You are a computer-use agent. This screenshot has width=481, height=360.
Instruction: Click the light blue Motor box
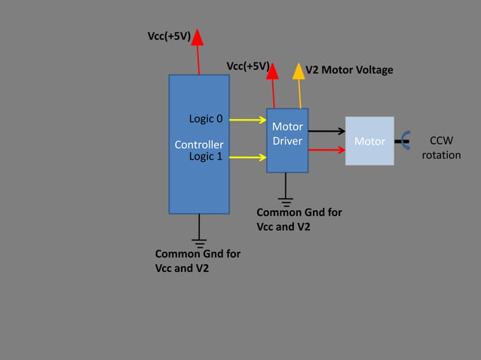pyautogui.click(x=369, y=141)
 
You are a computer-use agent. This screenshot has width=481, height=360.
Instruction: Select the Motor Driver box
pyautogui.click(x=287, y=140)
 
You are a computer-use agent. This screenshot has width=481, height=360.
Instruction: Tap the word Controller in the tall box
pyautogui.click(x=199, y=144)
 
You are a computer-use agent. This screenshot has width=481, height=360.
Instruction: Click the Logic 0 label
pyautogui.click(x=205, y=119)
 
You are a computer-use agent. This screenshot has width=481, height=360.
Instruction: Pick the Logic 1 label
pyautogui.click(x=205, y=157)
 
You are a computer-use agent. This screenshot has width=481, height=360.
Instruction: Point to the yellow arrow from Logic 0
pyautogui.click(x=248, y=119)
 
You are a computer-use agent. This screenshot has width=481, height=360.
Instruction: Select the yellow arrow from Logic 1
pyautogui.click(x=248, y=157)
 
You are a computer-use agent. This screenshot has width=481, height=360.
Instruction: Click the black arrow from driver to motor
pyautogui.click(x=326, y=131)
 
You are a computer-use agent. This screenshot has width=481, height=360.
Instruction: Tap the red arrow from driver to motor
pyautogui.click(x=326, y=150)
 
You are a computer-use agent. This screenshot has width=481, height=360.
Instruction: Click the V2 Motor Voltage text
pyautogui.click(x=349, y=70)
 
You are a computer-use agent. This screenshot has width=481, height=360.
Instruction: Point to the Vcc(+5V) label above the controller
pyautogui.click(x=168, y=36)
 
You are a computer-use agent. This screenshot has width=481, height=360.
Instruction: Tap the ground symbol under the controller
pyautogui.click(x=199, y=242)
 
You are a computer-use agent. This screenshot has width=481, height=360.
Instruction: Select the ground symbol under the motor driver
pyautogui.click(x=286, y=200)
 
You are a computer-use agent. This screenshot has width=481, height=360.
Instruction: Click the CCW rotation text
pyautogui.click(x=441, y=148)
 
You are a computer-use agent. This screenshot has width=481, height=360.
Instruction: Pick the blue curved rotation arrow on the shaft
pyautogui.click(x=405, y=140)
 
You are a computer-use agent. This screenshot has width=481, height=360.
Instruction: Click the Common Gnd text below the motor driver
pyautogui.click(x=299, y=219)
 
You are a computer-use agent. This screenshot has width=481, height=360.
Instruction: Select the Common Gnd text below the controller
pyautogui.click(x=198, y=261)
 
